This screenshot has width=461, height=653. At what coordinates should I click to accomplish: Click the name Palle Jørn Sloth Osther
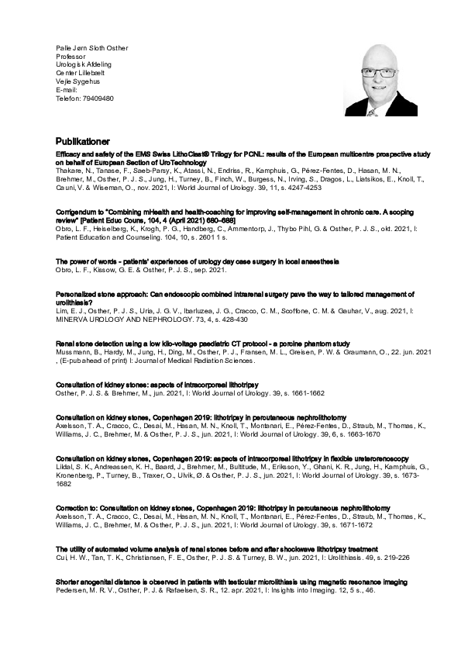point(91,48)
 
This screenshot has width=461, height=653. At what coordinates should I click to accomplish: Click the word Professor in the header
point(71,57)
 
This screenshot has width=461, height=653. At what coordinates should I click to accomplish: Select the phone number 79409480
point(97,98)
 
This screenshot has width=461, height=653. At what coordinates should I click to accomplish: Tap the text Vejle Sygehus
point(77,81)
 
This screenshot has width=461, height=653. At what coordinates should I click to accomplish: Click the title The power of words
point(198,262)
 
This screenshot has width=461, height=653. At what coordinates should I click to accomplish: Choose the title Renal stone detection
point(203,343)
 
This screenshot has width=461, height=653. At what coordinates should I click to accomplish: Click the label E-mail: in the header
point(67,90)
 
